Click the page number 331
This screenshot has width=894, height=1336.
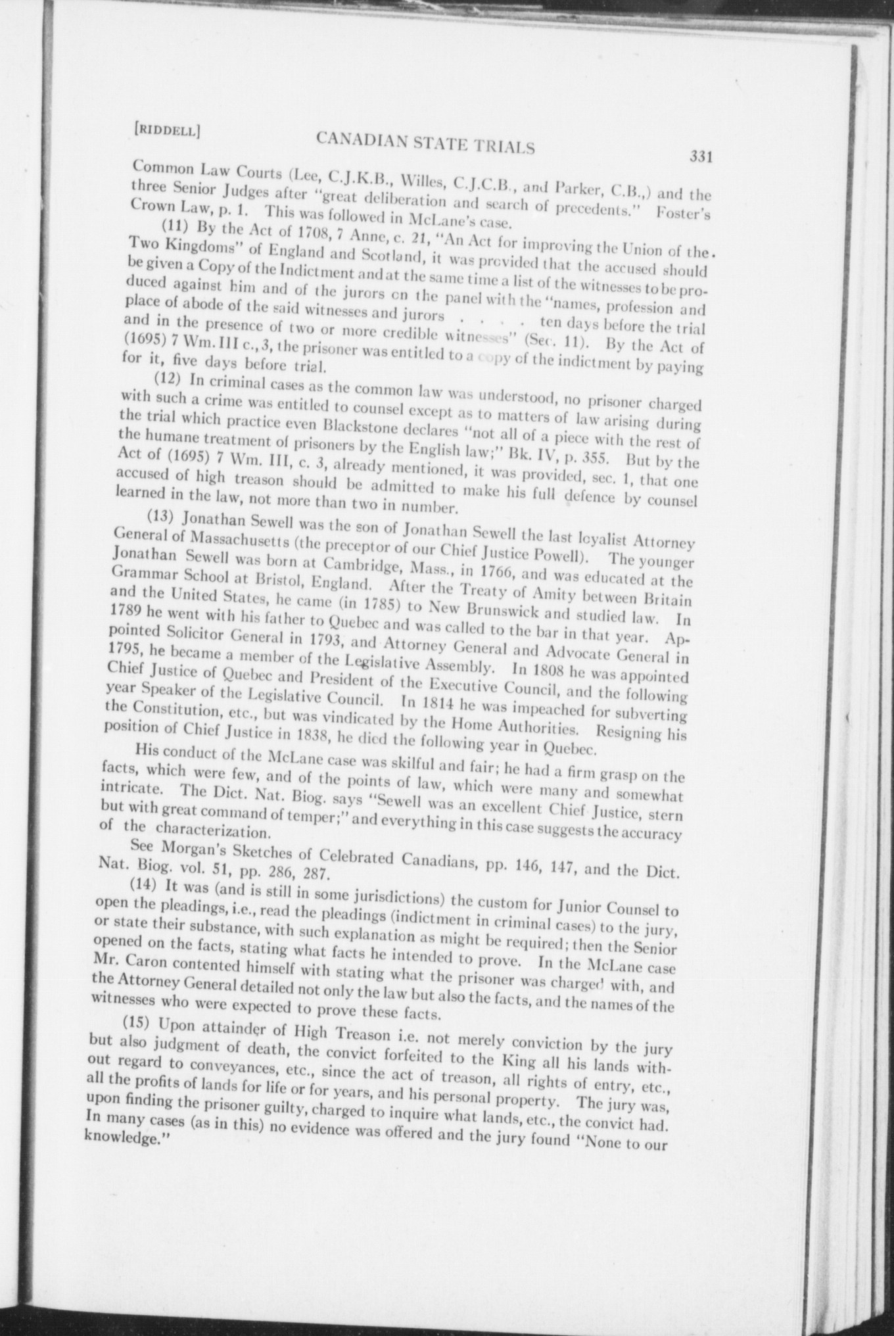coord(701,156)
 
